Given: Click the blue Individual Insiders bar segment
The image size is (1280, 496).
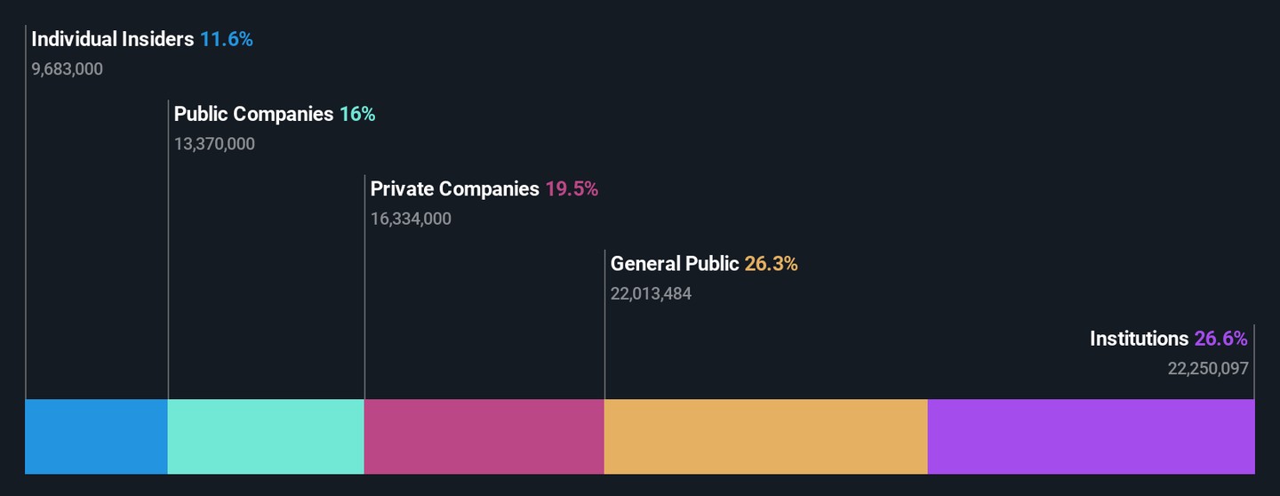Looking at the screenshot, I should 96,436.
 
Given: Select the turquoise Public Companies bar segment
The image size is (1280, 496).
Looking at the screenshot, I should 266,436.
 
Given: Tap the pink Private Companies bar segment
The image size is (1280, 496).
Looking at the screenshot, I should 484,436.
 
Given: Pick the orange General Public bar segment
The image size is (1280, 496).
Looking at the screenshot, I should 765,436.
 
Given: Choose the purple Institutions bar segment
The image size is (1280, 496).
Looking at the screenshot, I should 1091,436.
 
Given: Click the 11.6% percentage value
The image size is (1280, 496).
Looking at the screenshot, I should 226,39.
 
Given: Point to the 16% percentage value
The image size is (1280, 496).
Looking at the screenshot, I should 357,114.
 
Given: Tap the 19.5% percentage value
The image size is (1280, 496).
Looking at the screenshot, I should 572,188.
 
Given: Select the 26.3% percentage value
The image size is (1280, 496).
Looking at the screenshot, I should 771,263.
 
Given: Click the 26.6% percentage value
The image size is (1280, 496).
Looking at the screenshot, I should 1221,339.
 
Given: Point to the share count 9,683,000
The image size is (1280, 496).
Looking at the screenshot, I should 68,68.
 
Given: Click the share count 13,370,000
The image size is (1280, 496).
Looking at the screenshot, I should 214,143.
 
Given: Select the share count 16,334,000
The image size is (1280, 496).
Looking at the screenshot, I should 411,219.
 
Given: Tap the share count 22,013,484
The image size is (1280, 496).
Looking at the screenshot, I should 651,293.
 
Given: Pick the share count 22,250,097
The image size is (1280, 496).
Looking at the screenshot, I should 1208,368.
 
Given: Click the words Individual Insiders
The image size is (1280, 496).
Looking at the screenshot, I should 113,39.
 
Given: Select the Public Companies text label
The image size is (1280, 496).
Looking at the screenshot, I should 253,114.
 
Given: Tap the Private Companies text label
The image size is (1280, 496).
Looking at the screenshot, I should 454,188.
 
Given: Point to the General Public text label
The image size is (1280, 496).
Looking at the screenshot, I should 675,263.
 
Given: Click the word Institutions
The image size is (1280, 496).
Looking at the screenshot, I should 1139,339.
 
